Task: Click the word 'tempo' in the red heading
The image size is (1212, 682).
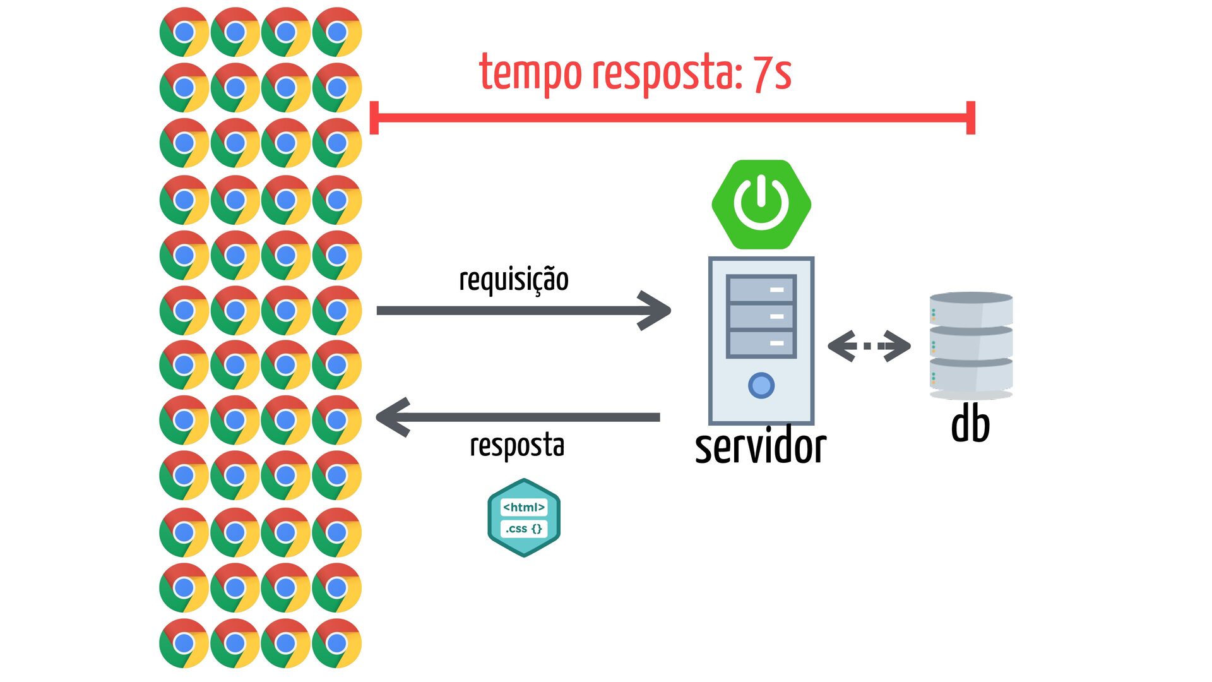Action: click(530, 75)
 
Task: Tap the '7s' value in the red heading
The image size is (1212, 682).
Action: click(772, 73)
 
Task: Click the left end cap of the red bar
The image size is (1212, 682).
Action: click(374, 117)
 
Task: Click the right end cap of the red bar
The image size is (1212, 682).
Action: click(971, 117)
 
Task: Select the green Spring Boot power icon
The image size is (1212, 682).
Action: click(761, 205)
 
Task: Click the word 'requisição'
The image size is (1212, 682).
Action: click(514, 280)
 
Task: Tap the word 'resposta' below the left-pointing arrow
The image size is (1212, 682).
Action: click(517, 446)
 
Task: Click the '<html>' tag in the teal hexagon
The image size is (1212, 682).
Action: click(524, 507)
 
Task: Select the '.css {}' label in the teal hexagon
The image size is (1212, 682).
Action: click(524, 529)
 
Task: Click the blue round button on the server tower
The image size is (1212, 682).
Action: click(761, 385)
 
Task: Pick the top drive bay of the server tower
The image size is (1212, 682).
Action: click(761, 289)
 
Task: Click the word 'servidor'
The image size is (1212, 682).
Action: click(761, 447)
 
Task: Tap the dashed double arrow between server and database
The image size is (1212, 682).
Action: click(869, 346)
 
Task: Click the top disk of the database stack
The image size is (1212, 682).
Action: click(971, 309)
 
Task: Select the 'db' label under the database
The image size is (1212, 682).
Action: click(970, 424)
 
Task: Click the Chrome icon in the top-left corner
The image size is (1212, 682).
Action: click(184, 32)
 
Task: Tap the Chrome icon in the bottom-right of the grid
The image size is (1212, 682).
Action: click(337, 643)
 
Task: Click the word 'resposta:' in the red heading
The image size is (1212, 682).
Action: click(667, 75)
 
